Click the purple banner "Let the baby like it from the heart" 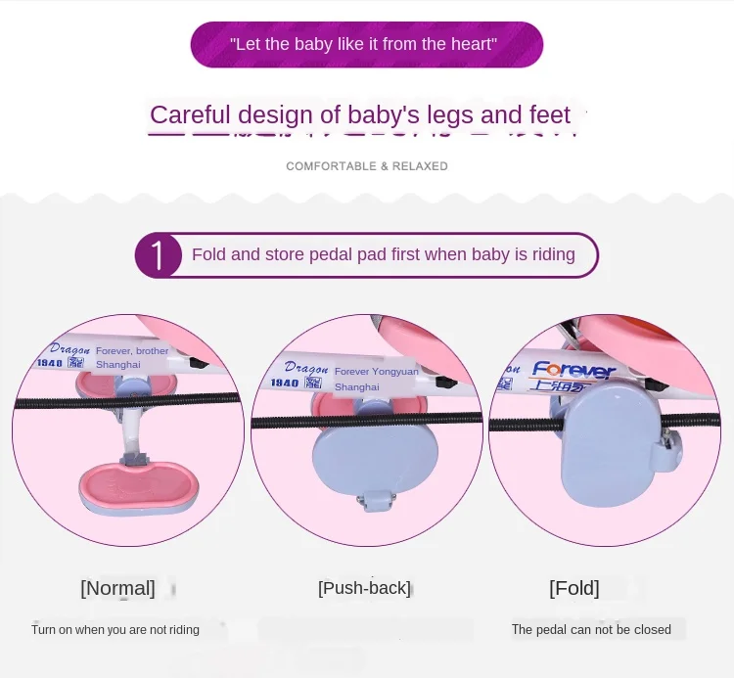(366, 44)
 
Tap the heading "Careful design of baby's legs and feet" (359, 115)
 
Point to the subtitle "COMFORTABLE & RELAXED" (366, 166)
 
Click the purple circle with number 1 (158, 255)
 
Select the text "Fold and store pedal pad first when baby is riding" (383, 255)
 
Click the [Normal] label (117, 588)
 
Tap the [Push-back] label (364, 588)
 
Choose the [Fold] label (573, 588)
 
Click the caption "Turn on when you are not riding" (115, 630)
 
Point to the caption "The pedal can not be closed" (591, 630)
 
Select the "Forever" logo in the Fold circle (573, 371)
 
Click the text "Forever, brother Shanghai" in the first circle (131, 357)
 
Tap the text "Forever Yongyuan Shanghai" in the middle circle (376, 379)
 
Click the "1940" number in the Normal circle (50, 363)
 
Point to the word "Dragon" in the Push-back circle (291, 366)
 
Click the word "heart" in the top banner (476, 44)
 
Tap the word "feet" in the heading (549, 115)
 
